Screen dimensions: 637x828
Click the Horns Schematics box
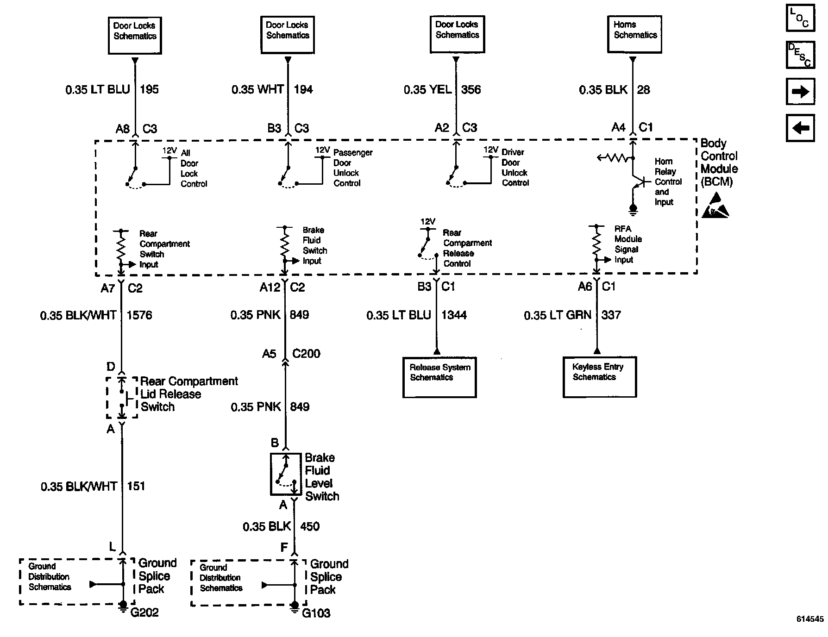click(x=634, y=34)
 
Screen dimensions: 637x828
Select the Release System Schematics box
click(x=439, y=377)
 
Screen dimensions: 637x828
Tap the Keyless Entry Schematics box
click(x=599, y=376)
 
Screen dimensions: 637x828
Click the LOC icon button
click(x=800, y=18)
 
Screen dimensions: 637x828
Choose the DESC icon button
click(x=800, y=55)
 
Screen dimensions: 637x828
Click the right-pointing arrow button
click(x=800, y=92)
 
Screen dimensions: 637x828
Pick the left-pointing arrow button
click(x=800, y=128)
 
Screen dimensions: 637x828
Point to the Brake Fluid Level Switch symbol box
click(x=286, y=474)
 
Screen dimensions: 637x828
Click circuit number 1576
click(x=139, y=315)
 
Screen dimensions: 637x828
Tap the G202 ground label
click(x=144, y=612)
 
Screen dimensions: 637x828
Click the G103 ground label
click(x=316, y=613)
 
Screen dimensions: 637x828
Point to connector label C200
click(x=306, y=354)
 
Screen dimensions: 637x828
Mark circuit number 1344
click(x=454, y=315)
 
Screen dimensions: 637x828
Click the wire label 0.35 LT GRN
click(x=558, y=315)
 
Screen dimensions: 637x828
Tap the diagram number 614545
click(x=810, y=618)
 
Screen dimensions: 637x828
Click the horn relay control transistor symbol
click(x=638, y=181)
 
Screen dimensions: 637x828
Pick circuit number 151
click(x=136, y=486)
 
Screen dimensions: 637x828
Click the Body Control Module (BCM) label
click(x=719, y=162)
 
